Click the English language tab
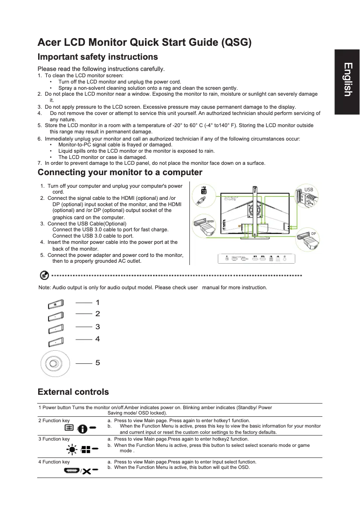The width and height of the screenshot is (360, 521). coord(347,80)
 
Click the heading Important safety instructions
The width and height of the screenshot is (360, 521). coord(98,57)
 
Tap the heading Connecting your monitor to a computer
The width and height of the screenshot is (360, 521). coord(120,172)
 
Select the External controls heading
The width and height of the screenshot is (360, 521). coord(73,392)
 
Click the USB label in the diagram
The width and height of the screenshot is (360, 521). coord(309,190)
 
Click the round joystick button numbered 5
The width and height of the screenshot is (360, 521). coord(55,363)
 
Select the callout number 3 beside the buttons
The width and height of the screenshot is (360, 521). coord(97,327)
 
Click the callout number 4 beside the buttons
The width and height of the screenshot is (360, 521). coord(97,339)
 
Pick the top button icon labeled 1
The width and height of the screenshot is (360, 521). coord(54,305)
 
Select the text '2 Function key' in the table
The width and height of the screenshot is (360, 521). coord(54,421)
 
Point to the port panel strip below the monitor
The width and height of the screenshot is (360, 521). coord(257,258)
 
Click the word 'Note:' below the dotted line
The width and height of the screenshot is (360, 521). coord(45,287)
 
